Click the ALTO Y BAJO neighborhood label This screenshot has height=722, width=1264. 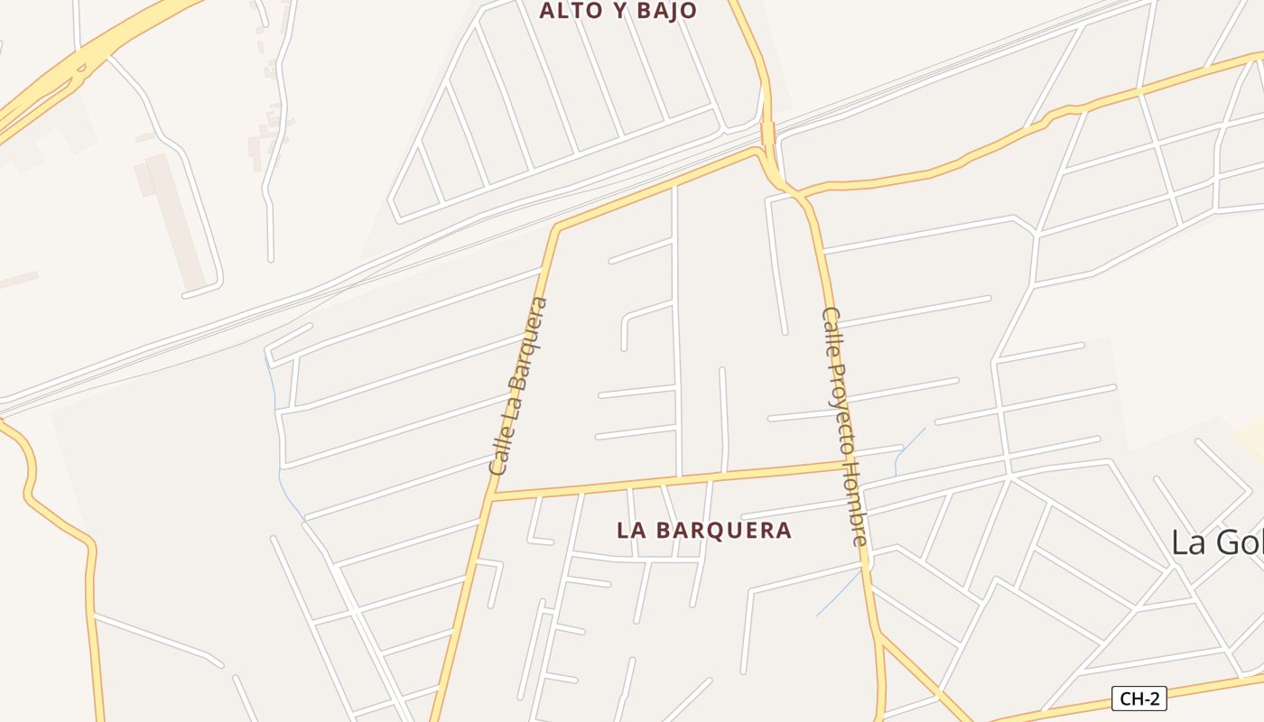[618, 11]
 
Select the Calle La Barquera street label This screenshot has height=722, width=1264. [518, 386]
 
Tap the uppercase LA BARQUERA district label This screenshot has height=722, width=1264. [704, 530]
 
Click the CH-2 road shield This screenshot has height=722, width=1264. [1139, 698]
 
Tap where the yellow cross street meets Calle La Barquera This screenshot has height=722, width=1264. [493, 496]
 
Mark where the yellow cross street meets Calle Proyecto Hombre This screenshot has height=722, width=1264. [847, 466]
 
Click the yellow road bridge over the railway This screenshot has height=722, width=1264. [767, 133]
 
